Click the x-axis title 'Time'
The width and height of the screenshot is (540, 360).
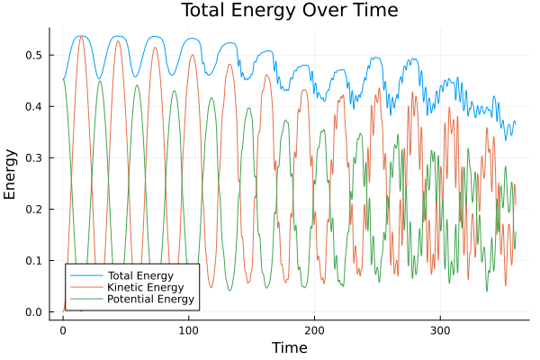pos(290,347)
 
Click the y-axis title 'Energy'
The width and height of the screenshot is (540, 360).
pos(12,174)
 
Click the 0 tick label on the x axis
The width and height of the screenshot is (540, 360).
pos(63,330)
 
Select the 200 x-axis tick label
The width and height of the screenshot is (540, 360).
pos(314,330)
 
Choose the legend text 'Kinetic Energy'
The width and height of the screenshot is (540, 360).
pos(144,286)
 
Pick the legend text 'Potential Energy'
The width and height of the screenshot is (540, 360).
pos(150,298)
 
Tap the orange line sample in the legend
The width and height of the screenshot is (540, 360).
pos(85,286)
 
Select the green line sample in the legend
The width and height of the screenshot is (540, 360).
pos(85,298)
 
